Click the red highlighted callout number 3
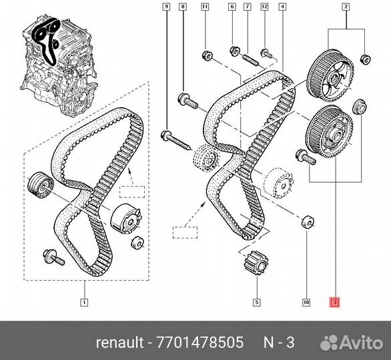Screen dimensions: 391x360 tap(335, 303)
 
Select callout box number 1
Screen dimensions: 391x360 tap(84, 303)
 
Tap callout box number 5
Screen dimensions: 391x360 tap(257, 303)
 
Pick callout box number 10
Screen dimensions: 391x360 tap(306, 303)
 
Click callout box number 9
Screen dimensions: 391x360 tap(166, 7)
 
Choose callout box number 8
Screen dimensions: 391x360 tap(183, 7)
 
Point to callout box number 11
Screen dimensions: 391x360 tap(205, 7)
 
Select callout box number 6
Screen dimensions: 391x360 tap(232, 7)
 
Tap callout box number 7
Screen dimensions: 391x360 tap(248, 7)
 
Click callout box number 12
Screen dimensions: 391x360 tap(264, 7)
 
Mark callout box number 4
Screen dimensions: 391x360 tap(282, 7)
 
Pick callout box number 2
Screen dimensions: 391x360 tap(346, 7)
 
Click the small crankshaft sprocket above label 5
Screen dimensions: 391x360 tap(257, 263)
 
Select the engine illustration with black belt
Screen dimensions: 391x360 tap(59, 66)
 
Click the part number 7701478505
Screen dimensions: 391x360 tap(200, 342)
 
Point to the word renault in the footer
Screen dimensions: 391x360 tap(120, 342)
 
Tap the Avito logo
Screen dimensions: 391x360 tap(352, 342)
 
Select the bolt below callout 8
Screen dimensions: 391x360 tap(187, 101)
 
